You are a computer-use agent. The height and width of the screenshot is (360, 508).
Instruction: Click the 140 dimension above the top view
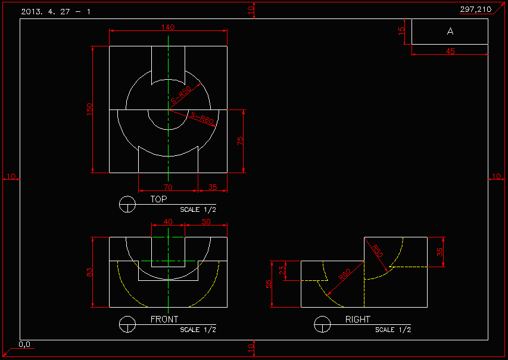(168, 27)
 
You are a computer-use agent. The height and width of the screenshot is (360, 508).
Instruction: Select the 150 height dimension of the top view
(90, 109)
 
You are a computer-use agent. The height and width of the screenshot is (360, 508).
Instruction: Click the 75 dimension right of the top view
(241, 141)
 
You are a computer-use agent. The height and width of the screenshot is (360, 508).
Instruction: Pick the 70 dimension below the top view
(168, 187)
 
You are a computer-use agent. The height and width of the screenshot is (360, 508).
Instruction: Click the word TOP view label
(159, 199)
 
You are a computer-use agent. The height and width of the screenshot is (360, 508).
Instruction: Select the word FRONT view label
(164, 320)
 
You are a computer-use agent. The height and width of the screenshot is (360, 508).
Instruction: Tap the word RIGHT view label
(358, 320)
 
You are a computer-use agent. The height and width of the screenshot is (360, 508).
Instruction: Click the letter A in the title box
(450, 32)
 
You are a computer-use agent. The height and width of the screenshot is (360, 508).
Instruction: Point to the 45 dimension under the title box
(450, 52)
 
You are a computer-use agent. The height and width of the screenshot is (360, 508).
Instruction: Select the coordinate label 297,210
(476, 9)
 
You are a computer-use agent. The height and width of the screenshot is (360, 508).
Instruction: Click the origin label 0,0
(24, 344)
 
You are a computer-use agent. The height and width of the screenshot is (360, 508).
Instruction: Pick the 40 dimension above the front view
(168, 221)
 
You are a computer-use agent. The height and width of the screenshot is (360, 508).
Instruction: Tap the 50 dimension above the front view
(206, 221)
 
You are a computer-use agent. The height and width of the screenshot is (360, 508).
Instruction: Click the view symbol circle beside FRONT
(127, 324)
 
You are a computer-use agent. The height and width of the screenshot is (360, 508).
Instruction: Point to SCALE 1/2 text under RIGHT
(393, 330)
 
